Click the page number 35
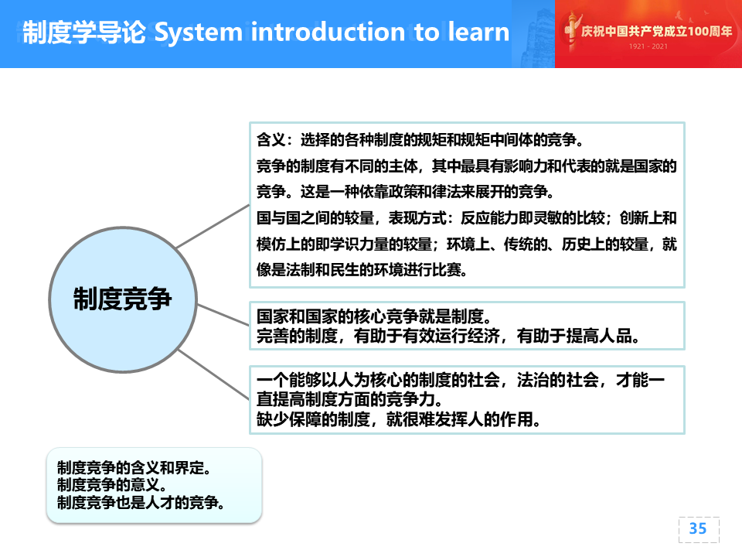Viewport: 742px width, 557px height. coord(698,528)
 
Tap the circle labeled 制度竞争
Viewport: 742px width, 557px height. coord(123,299)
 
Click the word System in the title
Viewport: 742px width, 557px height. coord(199,32)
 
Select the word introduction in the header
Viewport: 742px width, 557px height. coord(328,32)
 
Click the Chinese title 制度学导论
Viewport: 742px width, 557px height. coord(84,32)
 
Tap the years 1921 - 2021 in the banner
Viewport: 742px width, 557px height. coord(648,46)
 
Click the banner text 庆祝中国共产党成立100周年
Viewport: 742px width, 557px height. coord(656,31)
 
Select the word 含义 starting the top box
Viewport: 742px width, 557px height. coord(271,140)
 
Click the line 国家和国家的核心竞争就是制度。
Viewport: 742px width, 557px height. coord(374,316)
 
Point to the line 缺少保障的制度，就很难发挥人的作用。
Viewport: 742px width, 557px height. coord(399,419)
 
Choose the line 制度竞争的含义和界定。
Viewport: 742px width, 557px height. coord(134,467)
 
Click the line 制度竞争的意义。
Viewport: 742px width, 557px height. coord(111,484)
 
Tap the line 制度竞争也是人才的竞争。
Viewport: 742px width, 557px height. coord(141,502)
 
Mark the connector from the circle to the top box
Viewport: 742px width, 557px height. coord(213,226)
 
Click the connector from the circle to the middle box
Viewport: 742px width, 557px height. coord(223,315)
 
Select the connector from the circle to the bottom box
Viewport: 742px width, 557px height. coord(213,374)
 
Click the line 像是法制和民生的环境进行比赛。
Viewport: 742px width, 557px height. coord(362,270)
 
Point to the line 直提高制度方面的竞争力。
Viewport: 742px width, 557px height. coord(349,399)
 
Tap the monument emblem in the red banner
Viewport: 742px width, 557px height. coord(571,31)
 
